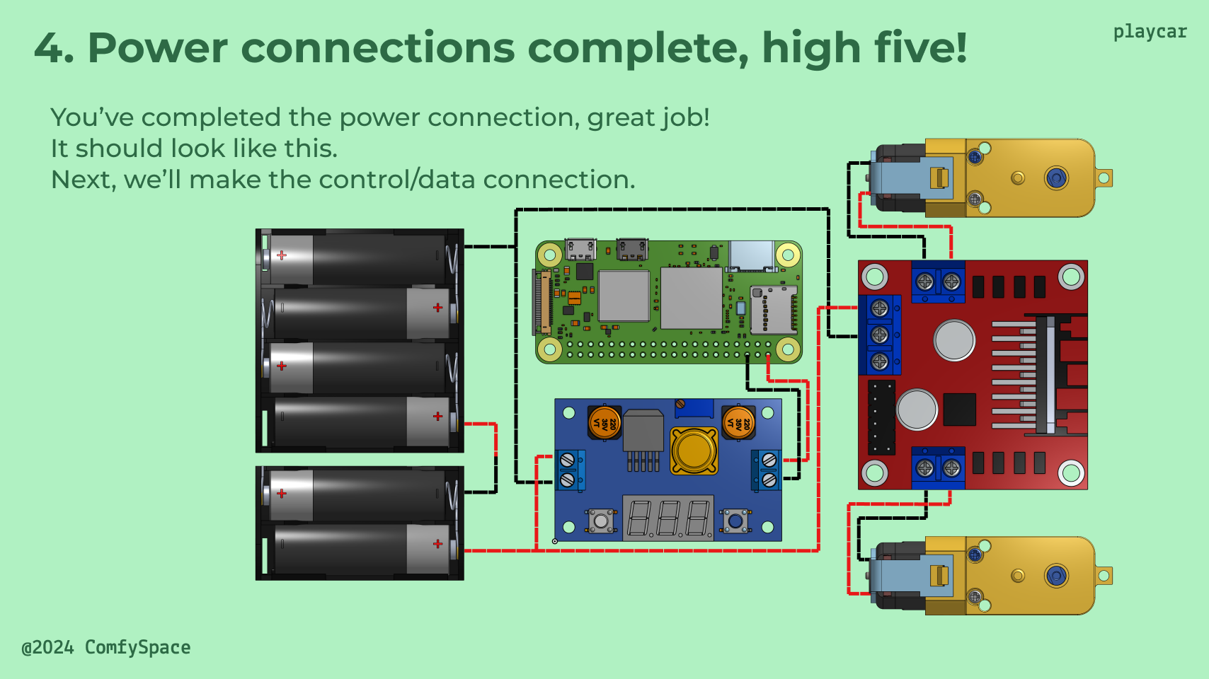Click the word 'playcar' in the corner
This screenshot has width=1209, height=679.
[x=1149, y=32]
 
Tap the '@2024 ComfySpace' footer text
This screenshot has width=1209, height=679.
[x=106, y=647]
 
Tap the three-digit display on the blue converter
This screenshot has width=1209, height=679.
[x=668, y=518]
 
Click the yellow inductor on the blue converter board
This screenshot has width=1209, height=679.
[x=694, y=451]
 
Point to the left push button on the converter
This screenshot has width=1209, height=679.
[x=601, y=521]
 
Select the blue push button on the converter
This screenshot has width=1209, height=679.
[x=735, y=521]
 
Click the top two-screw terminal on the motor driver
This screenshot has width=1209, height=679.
[x=938, y=282]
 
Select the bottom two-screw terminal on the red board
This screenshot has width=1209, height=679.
[x=938, y=468]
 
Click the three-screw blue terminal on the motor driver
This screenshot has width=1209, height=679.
[x=880, y=335]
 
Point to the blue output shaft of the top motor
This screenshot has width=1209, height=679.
[x=1056, y=178]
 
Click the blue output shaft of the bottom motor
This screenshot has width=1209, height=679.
[x=1056, y=576]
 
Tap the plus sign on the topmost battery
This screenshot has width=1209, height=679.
[x=282, y=255]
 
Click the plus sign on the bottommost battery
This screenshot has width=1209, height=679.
[x=437, y=544]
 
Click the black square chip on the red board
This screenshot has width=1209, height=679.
[x=959, y=410]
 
